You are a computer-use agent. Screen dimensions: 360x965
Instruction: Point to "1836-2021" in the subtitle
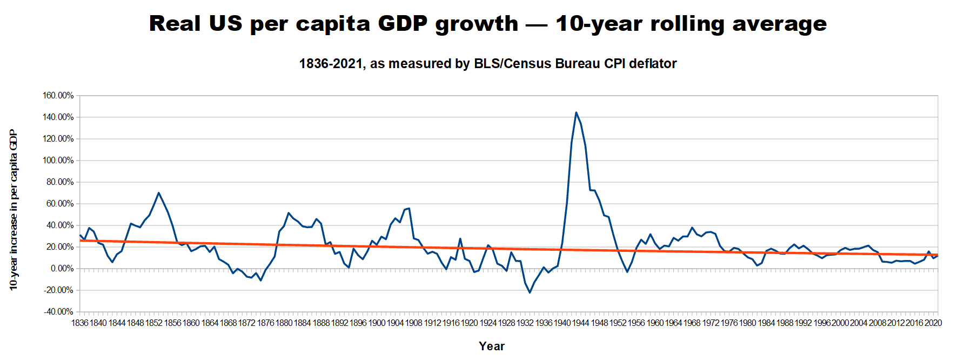330,64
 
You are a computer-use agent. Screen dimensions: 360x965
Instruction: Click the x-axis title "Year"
491,346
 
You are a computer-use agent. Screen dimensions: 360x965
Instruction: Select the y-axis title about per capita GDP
14,210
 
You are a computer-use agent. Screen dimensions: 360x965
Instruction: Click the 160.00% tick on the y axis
58,96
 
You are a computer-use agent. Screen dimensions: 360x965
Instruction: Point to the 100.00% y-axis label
58,161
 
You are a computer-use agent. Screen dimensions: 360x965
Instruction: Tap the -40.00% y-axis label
58,312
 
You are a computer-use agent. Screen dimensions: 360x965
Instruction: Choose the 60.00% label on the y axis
59,204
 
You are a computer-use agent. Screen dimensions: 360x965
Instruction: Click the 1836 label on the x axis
79,323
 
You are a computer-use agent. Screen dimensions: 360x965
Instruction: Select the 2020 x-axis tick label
933,323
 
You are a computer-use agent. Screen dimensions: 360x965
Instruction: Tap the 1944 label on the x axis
581,323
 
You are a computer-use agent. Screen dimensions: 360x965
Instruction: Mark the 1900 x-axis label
377,323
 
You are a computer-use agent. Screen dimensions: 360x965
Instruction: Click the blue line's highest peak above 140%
576,112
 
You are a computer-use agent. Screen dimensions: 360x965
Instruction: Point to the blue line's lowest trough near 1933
530,292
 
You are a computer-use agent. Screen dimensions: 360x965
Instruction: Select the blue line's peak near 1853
158,193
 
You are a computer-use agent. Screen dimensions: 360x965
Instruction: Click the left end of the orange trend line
81,241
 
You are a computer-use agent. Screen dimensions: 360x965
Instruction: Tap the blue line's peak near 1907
409,208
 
